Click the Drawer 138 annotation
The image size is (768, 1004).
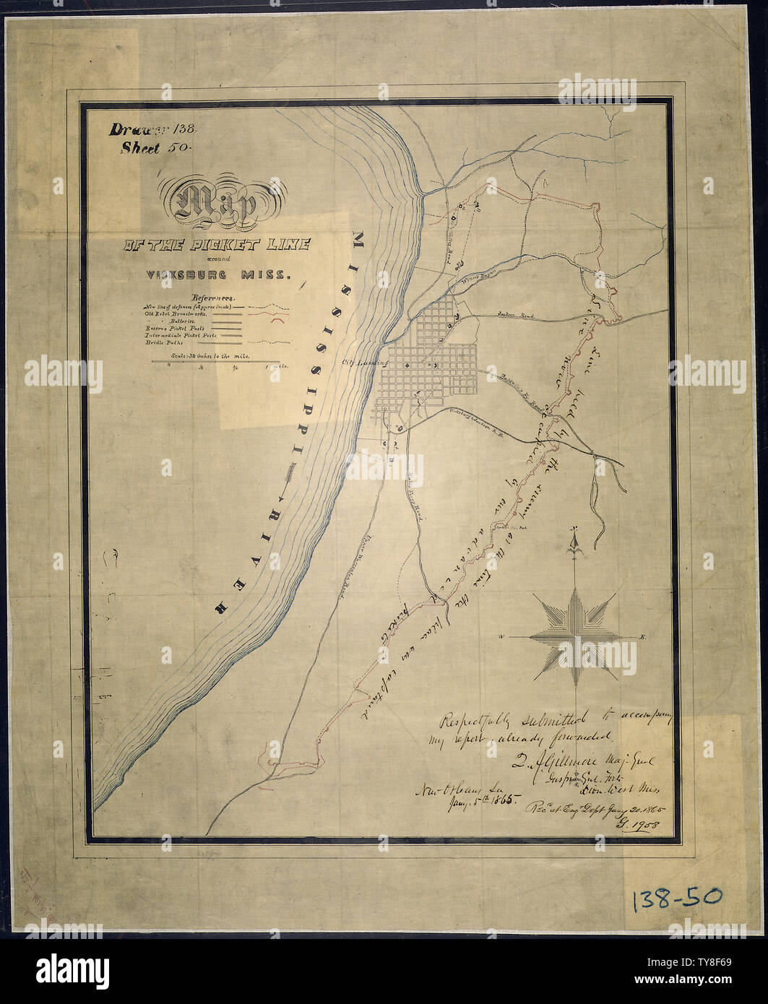pos(158,131)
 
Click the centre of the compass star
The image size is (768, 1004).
pos(575,636)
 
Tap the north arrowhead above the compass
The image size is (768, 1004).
pos(575,540)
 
